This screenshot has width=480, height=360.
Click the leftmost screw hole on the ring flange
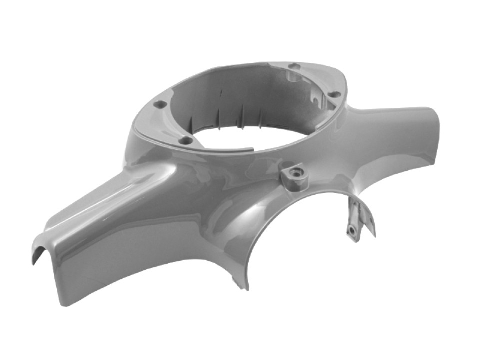click(x=160, y=105)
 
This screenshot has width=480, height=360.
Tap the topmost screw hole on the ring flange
click(x=295, y=66)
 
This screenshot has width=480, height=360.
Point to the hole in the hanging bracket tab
click(x=353, y=230)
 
